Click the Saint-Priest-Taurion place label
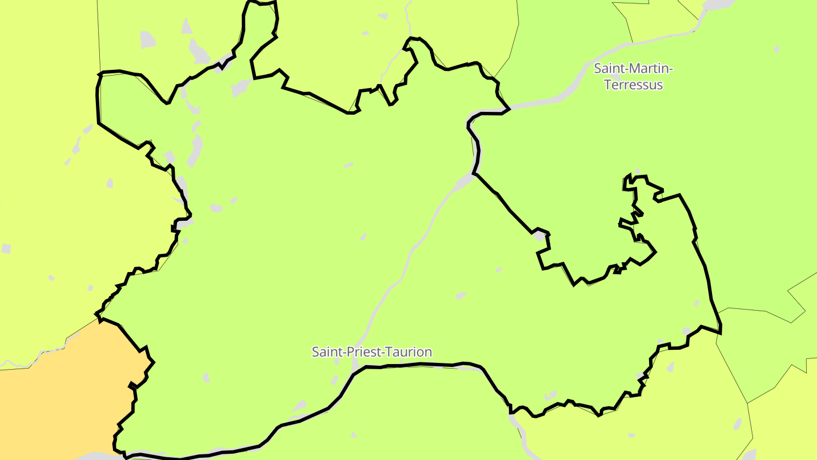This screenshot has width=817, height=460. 372,352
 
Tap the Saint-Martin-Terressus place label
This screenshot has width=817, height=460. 633,77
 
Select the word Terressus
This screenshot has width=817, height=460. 633,85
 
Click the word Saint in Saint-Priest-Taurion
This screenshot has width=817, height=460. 325,352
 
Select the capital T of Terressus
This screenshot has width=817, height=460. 608,85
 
